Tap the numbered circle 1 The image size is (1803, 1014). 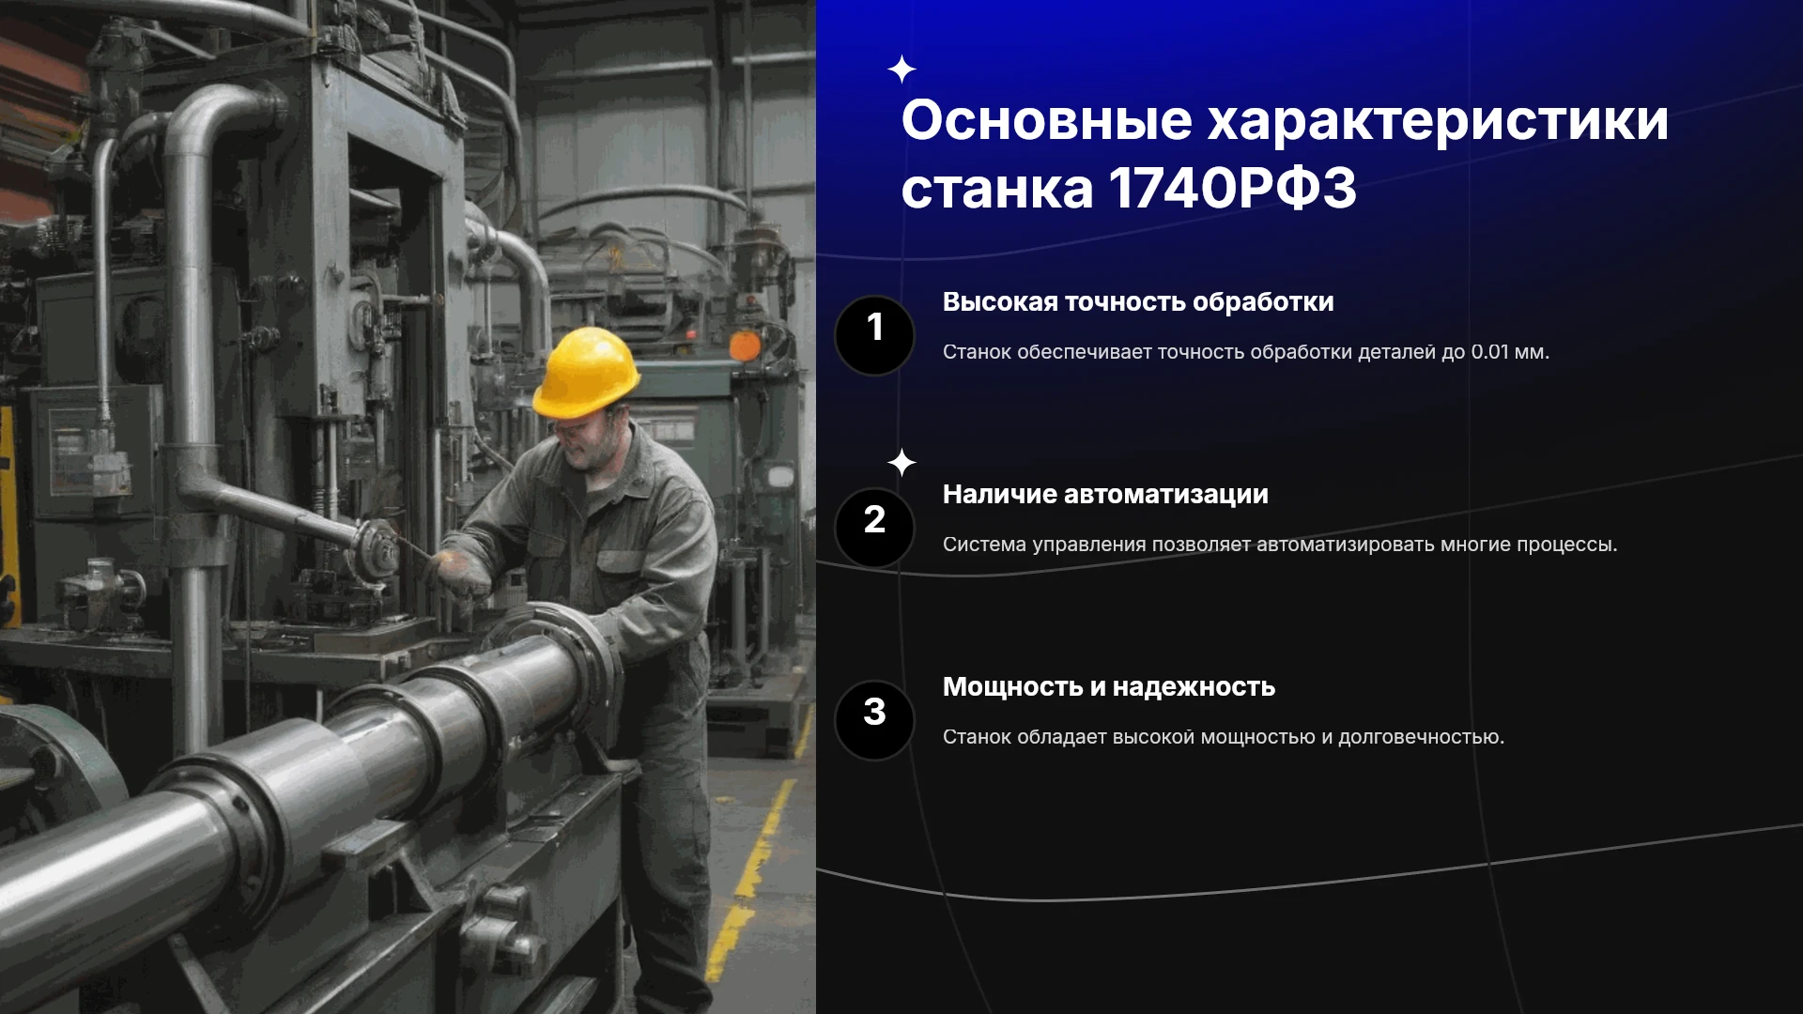pyautogui.click(x=874, y=335)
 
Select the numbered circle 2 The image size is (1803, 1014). pyautogui.click(x=874, y=528)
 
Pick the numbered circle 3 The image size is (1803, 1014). pyautogui.click(x=874, y=720)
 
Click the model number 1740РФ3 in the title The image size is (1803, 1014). pyautogui.click(x=1232, y=188)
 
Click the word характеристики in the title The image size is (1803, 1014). pyautogui.click(x=1438, y=122)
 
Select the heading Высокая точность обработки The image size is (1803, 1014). pyautogui.click(x=1138, y=302)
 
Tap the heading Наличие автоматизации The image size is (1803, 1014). pyautogui.click(x=1105, y=495)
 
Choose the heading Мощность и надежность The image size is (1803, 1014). pyautogui.click(x=1109, y=687)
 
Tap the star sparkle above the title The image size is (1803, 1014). pyautogui.click(x=901, y=69)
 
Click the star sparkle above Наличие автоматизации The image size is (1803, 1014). pyautogui.click(x=901, y=463)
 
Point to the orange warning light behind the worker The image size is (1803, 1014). pyautogui.click(x=745, y=345)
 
